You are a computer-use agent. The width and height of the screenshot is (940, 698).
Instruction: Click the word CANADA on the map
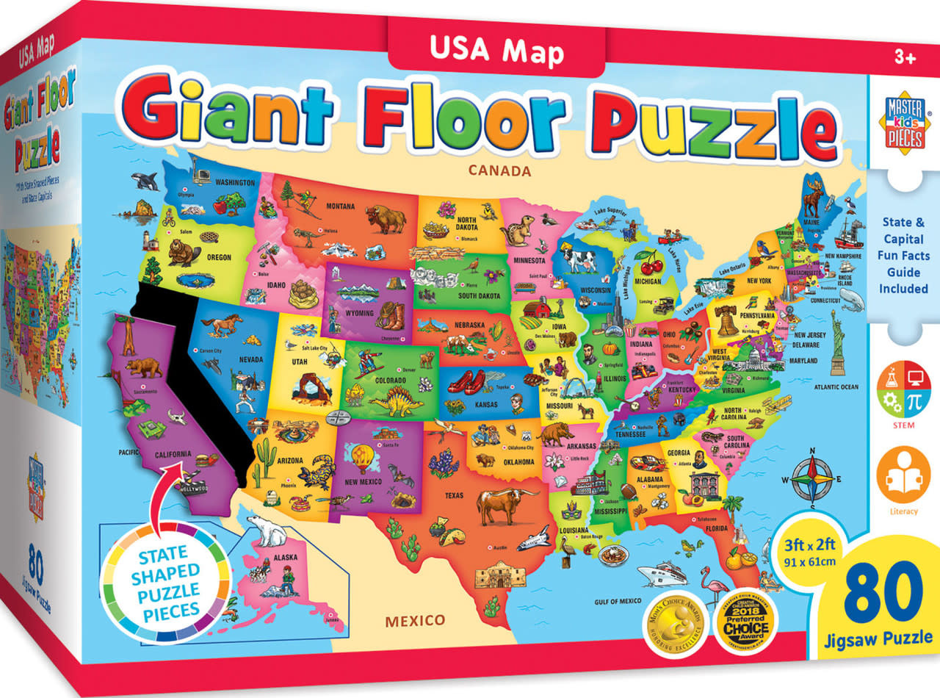(499, 172)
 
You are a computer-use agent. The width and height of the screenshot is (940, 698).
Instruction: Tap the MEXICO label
(415, 620)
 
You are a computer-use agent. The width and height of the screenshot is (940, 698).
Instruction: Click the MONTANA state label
(335, 206)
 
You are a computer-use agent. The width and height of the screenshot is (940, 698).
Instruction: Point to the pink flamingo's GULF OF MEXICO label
(618, 601)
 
